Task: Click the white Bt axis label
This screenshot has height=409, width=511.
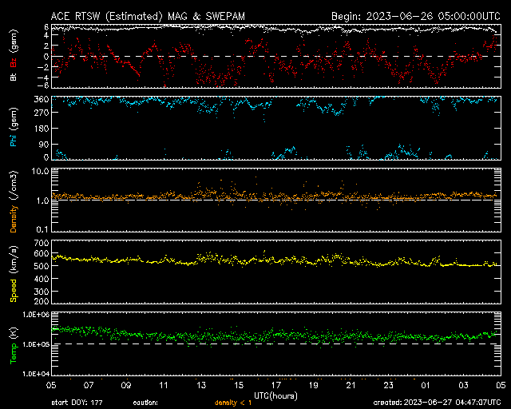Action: (x=14, y=77)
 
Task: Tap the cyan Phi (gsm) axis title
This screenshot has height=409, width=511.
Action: (x=14, y=128)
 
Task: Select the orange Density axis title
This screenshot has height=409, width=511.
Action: (x=14, y=219)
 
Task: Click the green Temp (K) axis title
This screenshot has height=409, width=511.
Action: (x=14, y=345)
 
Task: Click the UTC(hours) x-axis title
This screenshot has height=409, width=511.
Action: (x=275, y=396)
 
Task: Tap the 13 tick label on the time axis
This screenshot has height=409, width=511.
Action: (x=201, y=385)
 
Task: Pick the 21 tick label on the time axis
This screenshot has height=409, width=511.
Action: (x=351, y=385)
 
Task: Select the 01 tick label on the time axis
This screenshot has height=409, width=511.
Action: (x=426, y=385)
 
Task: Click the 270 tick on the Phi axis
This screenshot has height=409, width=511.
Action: (x=42, y=113)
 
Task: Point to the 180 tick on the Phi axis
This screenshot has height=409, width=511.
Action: (x=42, y=129)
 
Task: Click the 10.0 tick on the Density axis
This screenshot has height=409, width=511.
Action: (x=40, y=171)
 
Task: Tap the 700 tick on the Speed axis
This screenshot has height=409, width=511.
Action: (x=42, y=243)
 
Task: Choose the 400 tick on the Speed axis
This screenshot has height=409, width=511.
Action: (x=42, y=279)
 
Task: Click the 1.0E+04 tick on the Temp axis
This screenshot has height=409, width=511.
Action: (x=36, y=374)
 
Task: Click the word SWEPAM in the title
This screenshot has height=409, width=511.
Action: (x=225, y=16)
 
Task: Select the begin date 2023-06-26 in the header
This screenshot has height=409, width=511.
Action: (x=400, y=16)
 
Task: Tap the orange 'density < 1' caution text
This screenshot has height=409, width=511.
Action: (x=233, y=403)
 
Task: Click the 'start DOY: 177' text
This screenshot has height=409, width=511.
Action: (x=77, y=403)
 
